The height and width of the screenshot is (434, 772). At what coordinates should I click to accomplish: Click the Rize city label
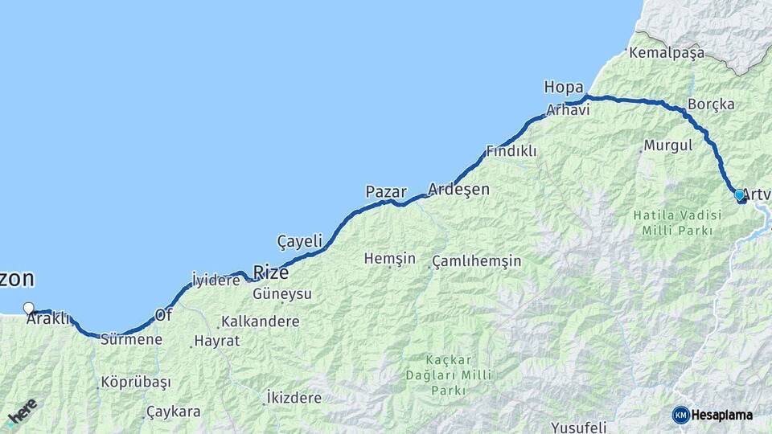pyautogui.click(x=270, y=272)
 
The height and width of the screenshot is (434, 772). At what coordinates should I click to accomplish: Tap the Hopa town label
pyautogui.click(x=563, y=87)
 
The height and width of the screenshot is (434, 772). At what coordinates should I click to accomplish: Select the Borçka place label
pyautogui.click(x=711, y=104)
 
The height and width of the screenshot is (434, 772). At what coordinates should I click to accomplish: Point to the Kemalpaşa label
pyautogui.click(x=667, y=53)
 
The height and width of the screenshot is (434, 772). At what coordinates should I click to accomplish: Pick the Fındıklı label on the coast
pyautogui.click(x=511, y=151)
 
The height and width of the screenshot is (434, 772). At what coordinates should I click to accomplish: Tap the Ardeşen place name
pyautogui.click(x=458, y=190)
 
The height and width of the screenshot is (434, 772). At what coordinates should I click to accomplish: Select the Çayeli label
pyautogui.click(x=299, y=240)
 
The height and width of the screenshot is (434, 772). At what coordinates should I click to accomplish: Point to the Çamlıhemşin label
pyautogui.click(x=476, y=261)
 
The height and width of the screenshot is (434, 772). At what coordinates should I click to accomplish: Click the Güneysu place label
pyautogui.click(x=281, y=294)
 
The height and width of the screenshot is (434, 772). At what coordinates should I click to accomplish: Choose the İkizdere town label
pyautogui.click(x=294, y=398)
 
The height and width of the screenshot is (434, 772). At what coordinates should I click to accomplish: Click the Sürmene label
pyautogui.click(x=131, y=339)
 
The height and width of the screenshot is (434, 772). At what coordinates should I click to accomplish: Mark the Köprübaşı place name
pyautogui.click(x=136, y=383)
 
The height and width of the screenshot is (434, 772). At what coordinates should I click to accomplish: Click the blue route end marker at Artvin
pyautogui.click(x=739, y=194)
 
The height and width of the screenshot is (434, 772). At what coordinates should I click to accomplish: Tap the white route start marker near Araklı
pyautogui.click(x=29, y=308)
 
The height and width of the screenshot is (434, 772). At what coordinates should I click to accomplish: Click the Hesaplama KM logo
pyautogui.click(x=712, y=415)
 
